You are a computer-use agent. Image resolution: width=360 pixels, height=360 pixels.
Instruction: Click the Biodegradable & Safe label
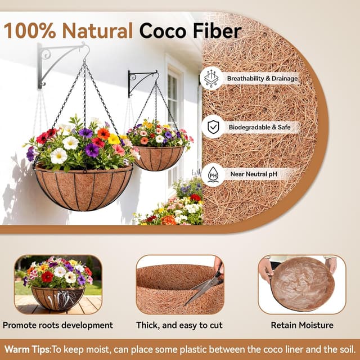click(x=259, y=127)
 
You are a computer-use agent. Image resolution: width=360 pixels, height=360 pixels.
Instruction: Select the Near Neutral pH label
click(x=253, y=174)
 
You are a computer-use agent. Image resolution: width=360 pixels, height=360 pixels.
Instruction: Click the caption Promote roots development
click(x=58, y=325)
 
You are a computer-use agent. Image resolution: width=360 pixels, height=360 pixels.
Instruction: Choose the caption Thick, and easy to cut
click(x=179, y=325)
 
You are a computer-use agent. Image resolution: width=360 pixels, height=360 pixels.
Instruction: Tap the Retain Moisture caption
click(x=302, y=325)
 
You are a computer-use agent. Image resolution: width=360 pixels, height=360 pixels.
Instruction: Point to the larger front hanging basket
click(x=83, y=187)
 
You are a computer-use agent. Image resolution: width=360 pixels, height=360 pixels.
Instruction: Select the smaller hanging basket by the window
click(x=157, y=157)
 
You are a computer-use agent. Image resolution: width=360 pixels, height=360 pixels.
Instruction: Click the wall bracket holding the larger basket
click(x=58, y=62)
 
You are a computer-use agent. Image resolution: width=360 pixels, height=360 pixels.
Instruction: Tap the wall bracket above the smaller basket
click(x=142, y=79)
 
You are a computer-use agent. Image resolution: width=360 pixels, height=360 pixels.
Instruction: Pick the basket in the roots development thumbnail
click(x=58, y=297)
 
